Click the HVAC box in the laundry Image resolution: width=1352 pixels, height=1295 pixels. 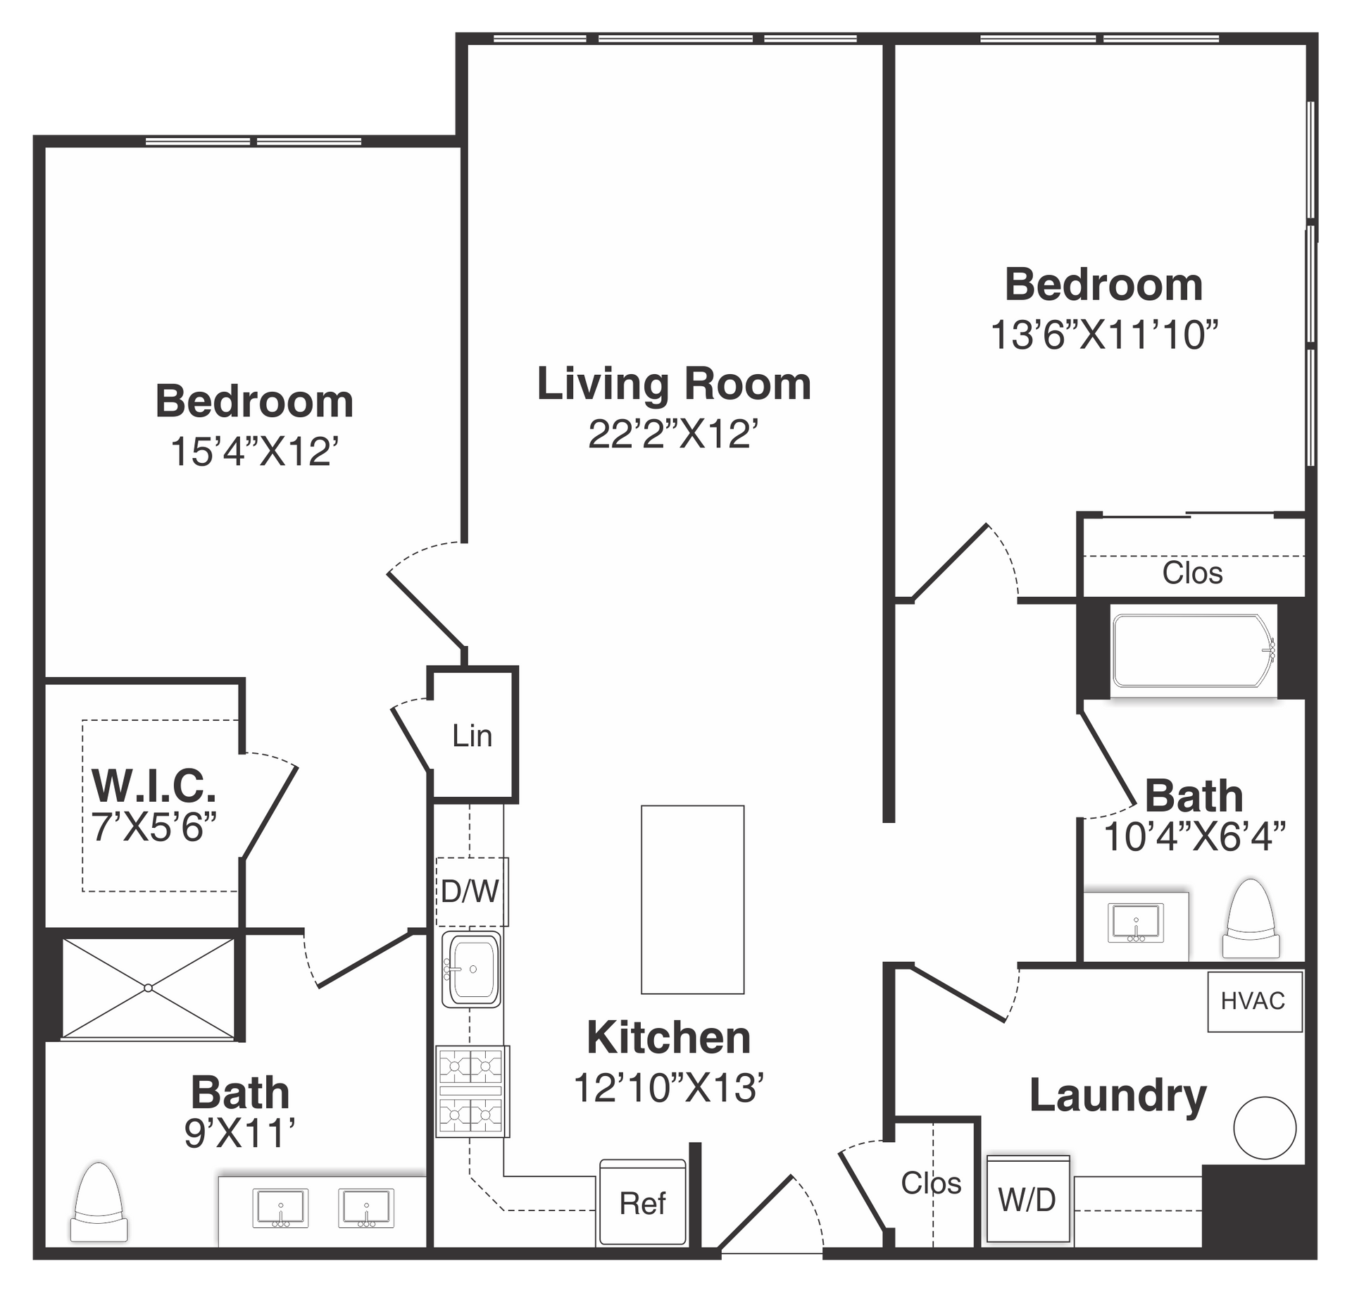point(1255,1001)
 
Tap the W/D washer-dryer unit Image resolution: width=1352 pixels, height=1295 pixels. point(1028,1199)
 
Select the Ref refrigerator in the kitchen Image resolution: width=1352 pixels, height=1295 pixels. point(642,1202)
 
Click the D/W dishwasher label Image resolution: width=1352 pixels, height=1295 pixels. point(470,891)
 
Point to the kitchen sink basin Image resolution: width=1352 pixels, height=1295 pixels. point(471,969)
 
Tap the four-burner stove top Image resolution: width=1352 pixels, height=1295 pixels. point(472,1091)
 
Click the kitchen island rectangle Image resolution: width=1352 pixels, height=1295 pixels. point(692,900)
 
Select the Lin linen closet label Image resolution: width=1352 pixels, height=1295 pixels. point(472,736)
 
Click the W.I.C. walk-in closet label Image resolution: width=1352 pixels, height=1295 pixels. point(154,786)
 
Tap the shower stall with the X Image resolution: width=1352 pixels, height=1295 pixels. point(148,988)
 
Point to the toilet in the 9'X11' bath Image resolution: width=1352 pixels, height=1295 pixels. point(99,1202)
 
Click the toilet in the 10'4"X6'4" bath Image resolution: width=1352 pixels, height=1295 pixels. point(1251,918)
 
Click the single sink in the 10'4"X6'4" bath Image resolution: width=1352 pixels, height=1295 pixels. point(1135,923)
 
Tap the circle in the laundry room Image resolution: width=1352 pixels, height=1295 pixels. point(1265,1127)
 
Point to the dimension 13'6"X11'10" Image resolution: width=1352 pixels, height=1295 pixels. point(1104,335)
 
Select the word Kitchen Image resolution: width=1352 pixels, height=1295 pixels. point(669,1038)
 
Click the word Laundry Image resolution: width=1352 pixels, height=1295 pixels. point(1118,1096)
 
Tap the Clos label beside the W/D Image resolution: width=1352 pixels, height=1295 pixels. point(931,1183)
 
